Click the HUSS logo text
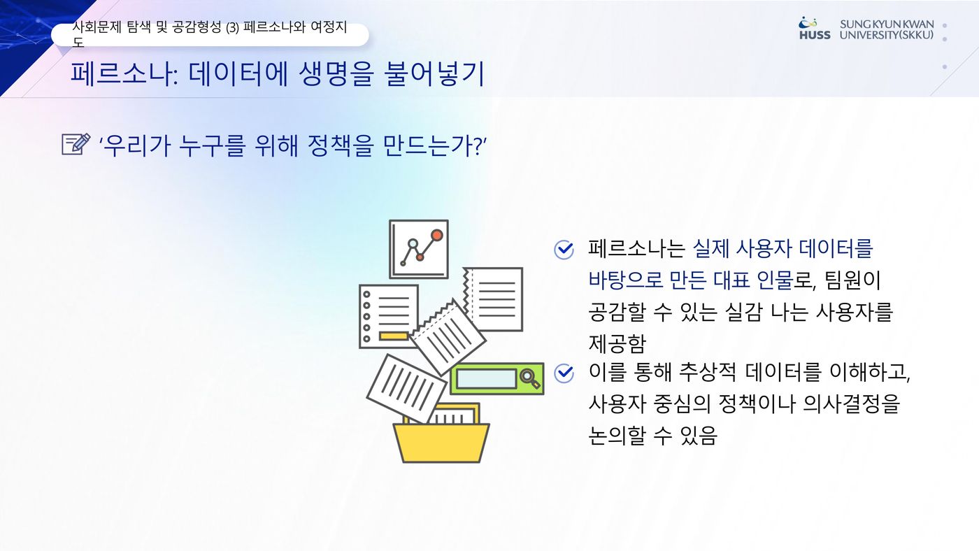815,35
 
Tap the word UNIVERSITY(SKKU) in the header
887,35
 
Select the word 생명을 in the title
336,73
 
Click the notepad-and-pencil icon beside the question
76,144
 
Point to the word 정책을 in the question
341,145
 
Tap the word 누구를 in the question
211,145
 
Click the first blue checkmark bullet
564,250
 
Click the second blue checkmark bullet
564,373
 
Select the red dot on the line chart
436,236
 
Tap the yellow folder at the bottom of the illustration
441,442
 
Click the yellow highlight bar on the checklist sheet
393,336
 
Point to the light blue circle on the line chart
413,243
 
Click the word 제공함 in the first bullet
617,343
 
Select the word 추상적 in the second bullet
707,372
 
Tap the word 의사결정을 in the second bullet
851,403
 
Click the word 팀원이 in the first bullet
852,280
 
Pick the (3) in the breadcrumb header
232,27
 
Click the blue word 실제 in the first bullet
711,249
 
